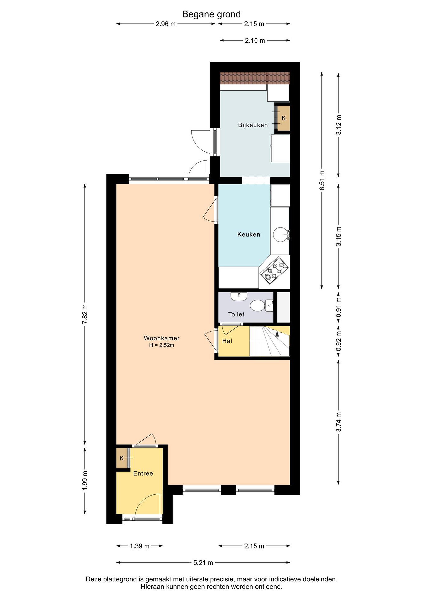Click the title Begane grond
point(211,14)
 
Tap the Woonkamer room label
point(162,338)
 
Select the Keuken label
point(249,234)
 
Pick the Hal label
point(227,341)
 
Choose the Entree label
point(143,473)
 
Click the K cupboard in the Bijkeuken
point(284,118)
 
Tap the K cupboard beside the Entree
point(122,458)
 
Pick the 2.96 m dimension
point(166,24)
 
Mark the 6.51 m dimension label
point(322,180)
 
